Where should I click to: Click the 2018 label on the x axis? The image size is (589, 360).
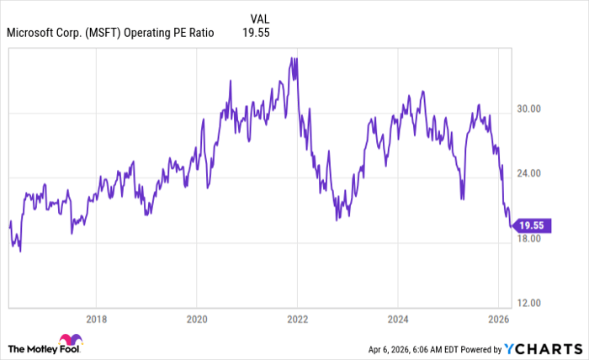(96, 319)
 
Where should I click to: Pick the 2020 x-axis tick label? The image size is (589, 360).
(196, 319)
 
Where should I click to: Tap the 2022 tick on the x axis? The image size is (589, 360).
(297, 319)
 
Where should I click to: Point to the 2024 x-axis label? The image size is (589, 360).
(398, 319)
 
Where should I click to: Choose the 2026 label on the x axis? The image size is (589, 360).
(498, 319)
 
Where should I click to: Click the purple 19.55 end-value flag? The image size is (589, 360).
(532, 225)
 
